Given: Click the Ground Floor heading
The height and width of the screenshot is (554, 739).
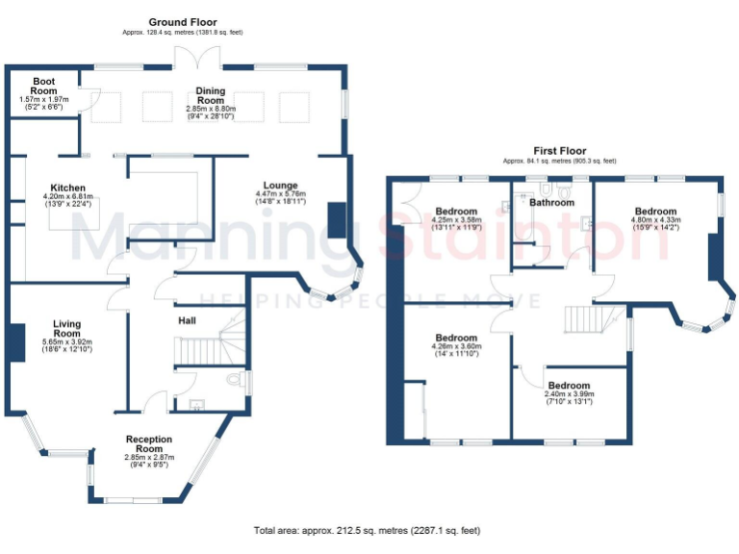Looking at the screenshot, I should [x=183, y=21].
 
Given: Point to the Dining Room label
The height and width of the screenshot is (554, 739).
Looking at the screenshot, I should [x=211, y=95].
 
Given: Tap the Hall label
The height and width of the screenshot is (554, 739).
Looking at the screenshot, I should [x=188, y=320].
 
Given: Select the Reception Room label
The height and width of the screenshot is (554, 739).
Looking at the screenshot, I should [x=148, y=443].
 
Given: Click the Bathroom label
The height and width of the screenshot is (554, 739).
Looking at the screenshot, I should [x=550, y=203].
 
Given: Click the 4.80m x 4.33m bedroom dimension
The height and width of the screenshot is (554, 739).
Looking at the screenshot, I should [x=654, y=220].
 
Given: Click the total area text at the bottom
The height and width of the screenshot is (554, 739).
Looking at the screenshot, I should [x=367, y=530].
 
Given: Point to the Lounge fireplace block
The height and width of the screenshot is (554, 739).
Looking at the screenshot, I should [x=336, y=219].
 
